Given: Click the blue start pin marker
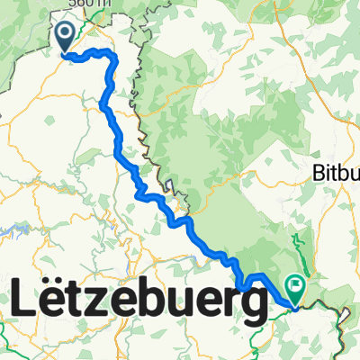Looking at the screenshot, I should pos(66,36).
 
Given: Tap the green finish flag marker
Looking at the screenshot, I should pos(295,287).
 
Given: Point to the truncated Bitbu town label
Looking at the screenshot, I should pos(335,172).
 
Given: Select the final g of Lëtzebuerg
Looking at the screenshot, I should pos(251,306).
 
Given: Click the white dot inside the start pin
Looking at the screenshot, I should pos(66,33).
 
